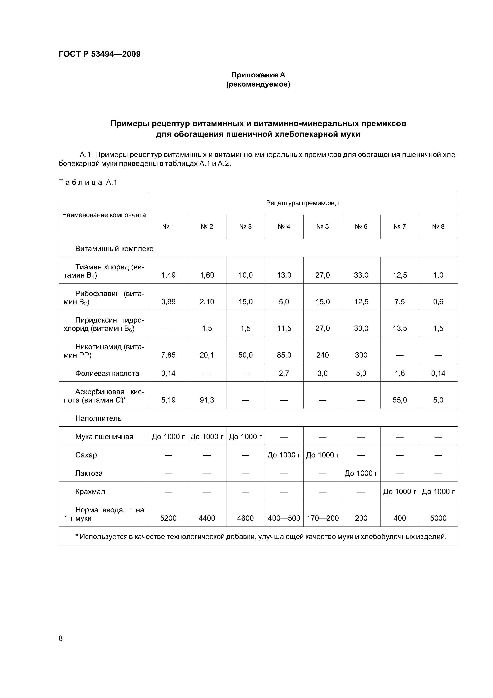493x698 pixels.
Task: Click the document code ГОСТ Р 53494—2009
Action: point(100,54)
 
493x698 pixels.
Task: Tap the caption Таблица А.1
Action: point(88,182)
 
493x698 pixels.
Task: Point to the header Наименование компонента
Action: point(104,215)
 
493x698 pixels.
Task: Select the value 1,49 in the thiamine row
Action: point(168,275)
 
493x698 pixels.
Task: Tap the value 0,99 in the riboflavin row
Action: point(168,302)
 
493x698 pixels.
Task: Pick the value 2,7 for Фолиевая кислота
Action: point(284,373)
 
